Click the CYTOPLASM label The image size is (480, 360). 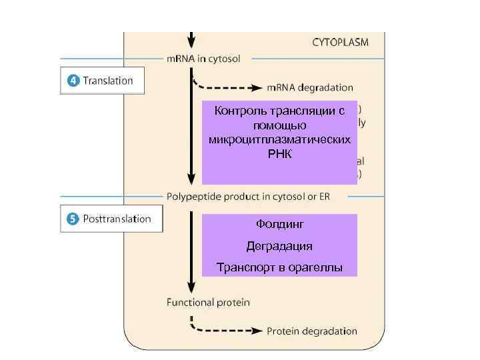[340, 41]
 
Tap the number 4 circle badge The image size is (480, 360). [73, 81]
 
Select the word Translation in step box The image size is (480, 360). [107, 81]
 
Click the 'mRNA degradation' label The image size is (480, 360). [310, 87]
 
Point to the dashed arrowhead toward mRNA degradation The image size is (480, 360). [258, 87]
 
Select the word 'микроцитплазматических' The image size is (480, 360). [279, 140]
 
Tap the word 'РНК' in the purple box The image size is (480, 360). [279, 155]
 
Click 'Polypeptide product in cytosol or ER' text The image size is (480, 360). [247, 197]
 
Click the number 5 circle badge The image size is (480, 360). [73, 219]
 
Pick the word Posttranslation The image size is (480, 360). [117, 219]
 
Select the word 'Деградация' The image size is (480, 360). [279, 246]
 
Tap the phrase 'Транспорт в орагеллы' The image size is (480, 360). [279, 268]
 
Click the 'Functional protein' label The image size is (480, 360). [208, 303]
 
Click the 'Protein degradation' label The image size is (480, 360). [312, 331]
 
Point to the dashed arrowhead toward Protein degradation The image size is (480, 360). [258, 331]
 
